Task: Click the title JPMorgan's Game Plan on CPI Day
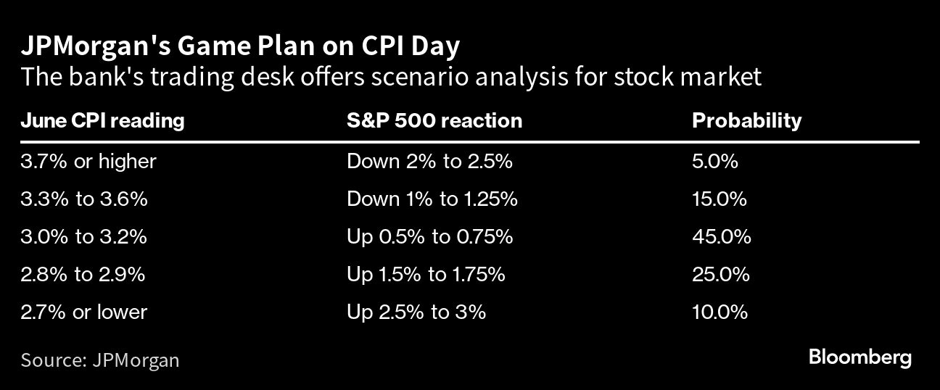241,47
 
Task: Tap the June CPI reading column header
102,121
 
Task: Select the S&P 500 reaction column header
434,121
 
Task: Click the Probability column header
746,121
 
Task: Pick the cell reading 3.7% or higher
88,162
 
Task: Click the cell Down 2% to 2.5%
429,162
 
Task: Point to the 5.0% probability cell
714,162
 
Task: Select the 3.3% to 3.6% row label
84,199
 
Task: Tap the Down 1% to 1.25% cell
432,199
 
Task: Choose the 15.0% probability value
720,199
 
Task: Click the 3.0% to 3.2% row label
83,236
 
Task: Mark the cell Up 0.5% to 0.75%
429,237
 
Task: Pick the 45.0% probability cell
722,236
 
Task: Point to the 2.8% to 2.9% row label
83,274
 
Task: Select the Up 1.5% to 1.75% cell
426,275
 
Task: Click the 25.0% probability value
720,274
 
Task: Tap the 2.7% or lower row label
83,312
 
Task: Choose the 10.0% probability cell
720,312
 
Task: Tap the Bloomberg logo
859,358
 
